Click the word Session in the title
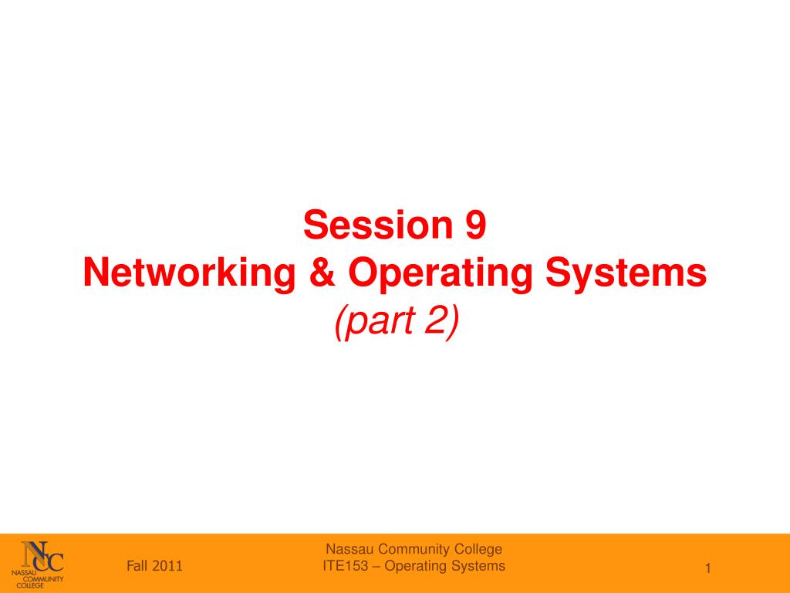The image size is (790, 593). [378, 225]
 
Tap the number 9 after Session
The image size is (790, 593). [476, 225]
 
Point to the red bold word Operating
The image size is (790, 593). [440, 274]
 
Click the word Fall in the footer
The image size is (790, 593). [137, 566]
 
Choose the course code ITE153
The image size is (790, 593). [346, 566]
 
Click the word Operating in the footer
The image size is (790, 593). [416, 567]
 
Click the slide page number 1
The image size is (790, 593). [708, 569]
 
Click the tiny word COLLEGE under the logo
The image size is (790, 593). [30, 585]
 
